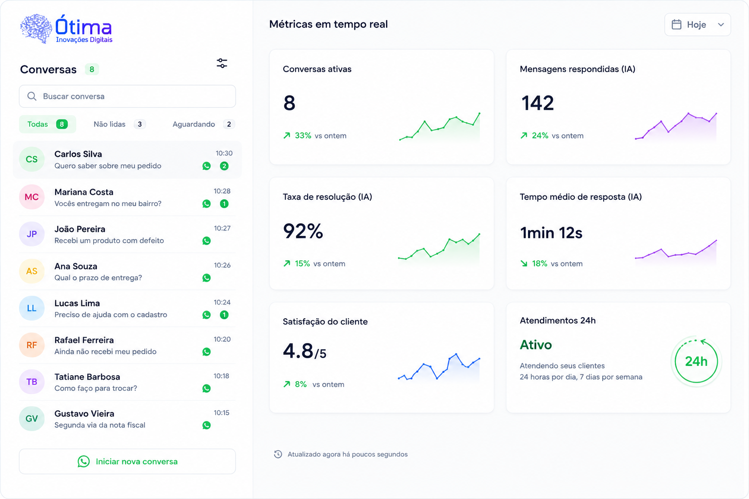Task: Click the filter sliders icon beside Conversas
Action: [222, 63]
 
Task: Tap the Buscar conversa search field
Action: [127, 96]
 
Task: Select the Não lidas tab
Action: [119, 124]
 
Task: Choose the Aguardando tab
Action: [203, 124]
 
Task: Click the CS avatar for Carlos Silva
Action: [32, 159]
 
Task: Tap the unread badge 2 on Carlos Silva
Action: [224, 166]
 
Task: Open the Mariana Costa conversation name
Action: [84, 192]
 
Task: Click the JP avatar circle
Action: [32, 234]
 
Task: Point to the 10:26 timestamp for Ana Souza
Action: [222, 265]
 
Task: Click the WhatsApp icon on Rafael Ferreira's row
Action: [206, 352]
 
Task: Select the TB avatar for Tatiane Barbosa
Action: [32, 382]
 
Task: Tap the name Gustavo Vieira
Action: [84, 413]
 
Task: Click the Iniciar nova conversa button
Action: [127, 461]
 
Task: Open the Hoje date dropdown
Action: [697, 24]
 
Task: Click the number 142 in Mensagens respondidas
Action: [537, 103]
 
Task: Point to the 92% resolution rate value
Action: [303, 231]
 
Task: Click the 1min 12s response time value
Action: [551, 232]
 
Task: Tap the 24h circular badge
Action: [696, 361]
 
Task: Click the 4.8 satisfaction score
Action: [298, 351]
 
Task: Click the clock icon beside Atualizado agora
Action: [278, 454]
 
